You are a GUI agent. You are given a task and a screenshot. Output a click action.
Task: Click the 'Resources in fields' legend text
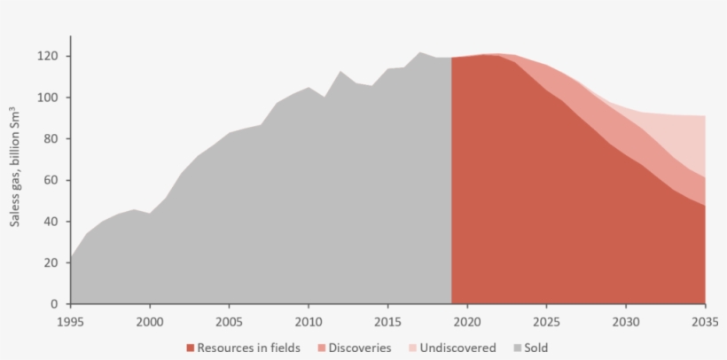coord(248,348)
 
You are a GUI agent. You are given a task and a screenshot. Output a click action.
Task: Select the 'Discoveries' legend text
coord(359,348)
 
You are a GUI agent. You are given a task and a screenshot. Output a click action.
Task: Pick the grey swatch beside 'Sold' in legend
coord(515,348)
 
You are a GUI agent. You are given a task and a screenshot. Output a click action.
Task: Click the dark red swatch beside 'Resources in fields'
coord(191,348)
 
